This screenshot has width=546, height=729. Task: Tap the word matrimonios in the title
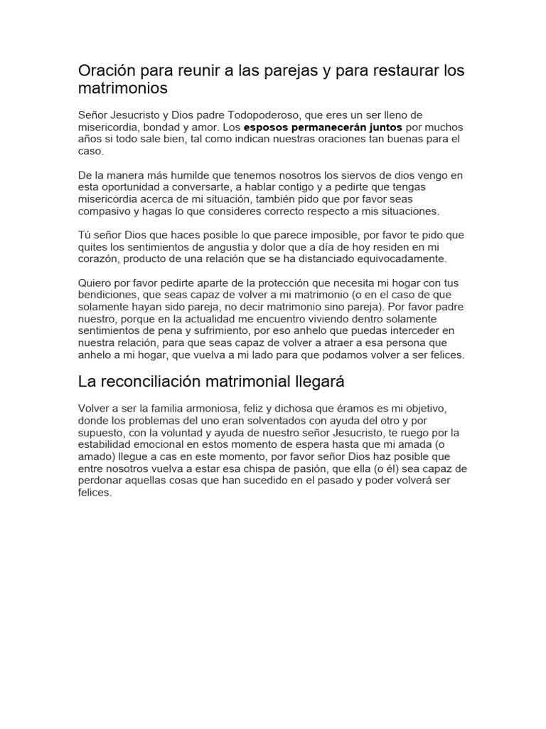coord(123,89)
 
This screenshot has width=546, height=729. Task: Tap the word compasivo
coord(103,211)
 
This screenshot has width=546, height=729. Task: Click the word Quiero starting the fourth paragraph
coord(95,283)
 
